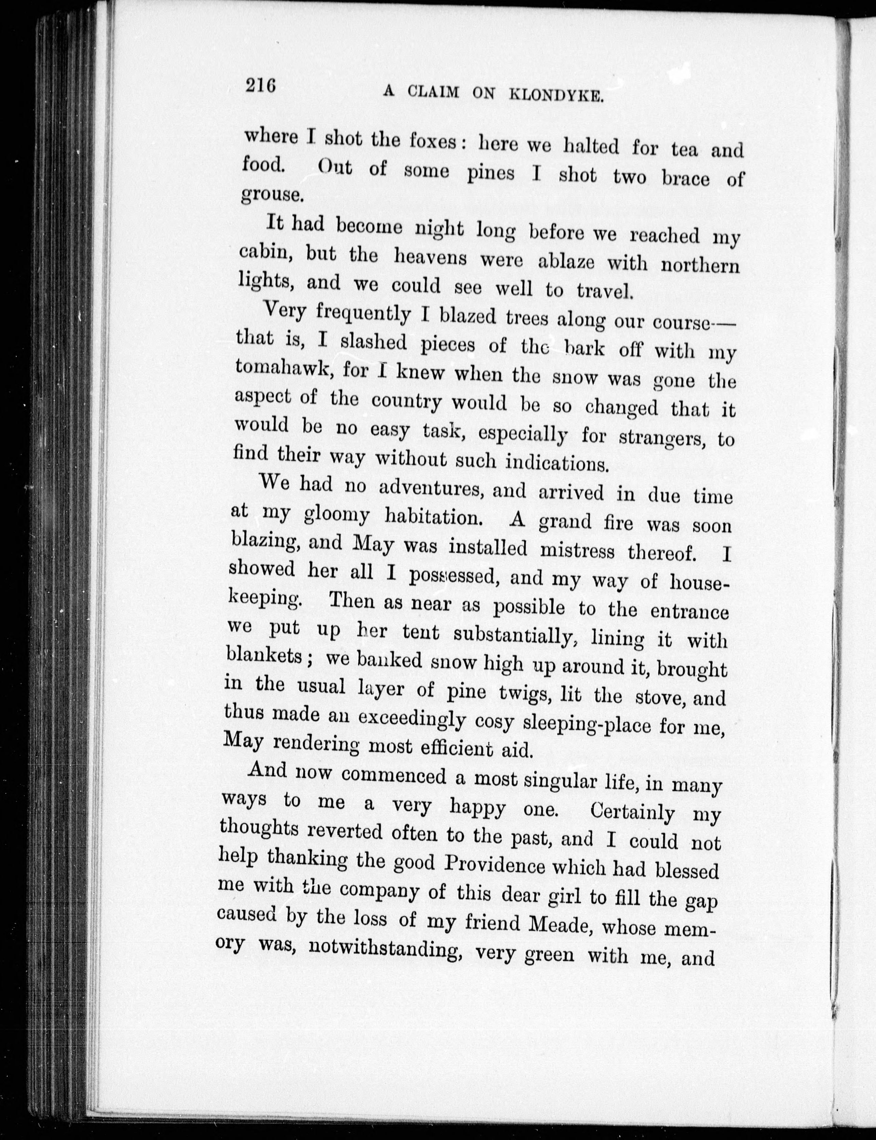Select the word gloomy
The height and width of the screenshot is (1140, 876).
tap(336, 515)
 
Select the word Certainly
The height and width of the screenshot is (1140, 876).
tap(632, 812)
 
